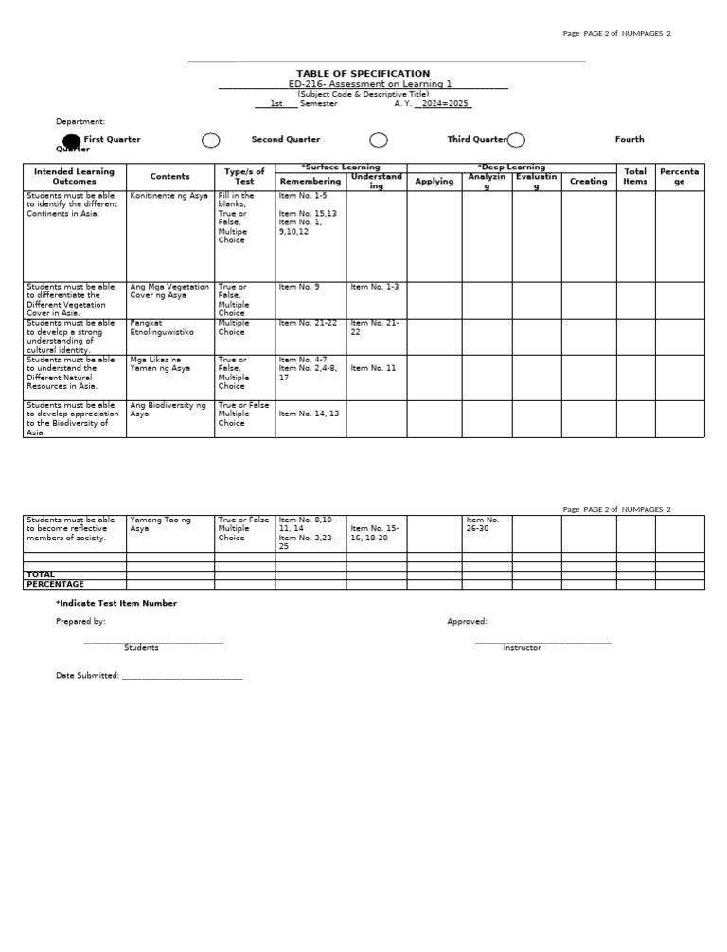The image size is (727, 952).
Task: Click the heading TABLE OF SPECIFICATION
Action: tap(363, 74)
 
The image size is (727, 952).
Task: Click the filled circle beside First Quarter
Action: tap(72, 141)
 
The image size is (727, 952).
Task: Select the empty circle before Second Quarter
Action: tap(211, 141)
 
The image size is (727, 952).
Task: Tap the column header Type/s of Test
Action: tap(244, 177)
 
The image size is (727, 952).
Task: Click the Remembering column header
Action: tap(310, 181)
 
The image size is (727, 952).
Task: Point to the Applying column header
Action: tap(434, 181)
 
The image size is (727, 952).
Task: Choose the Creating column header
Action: tap(588, 181)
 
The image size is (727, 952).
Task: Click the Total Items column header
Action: tap(635, 177)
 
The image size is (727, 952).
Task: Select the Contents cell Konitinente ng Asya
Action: tap(168, 196)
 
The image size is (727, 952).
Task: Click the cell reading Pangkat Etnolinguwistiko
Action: tap(162, 327)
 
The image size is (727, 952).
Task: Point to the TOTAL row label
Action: tap(41, 574)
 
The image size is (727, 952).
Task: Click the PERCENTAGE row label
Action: tap(55, 584)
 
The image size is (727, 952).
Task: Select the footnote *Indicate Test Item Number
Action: tap(115, 603)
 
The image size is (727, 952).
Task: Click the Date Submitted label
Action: tap(88, 676)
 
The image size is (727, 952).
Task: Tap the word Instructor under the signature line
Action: tap(522, 648)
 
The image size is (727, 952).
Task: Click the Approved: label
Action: tap(467, 622)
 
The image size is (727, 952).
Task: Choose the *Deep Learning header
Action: tap(511, 167)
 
